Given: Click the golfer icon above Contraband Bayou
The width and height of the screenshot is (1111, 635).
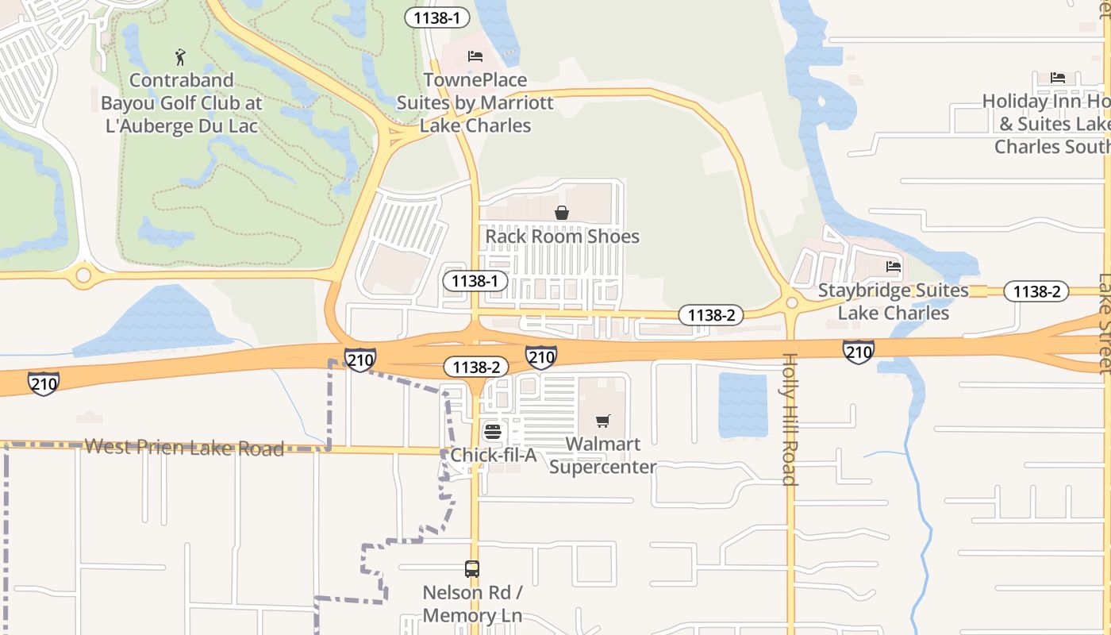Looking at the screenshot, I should (180, 57).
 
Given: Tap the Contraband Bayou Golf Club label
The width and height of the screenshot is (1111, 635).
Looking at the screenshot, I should (181, 103).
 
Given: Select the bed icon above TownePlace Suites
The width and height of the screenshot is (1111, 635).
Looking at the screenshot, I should (475, 56).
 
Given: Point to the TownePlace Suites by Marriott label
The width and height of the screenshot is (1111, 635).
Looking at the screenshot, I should (475, 103).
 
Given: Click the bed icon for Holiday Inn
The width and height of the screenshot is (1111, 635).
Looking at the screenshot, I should (1058, 77).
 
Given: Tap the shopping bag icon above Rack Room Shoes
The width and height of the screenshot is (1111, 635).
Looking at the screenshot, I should (562, 213).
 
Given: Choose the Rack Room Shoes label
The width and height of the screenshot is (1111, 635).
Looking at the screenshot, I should (562, 237).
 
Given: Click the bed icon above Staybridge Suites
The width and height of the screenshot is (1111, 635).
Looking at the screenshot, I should (894, 267).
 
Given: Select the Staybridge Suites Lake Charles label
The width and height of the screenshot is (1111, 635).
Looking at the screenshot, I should (894, 302).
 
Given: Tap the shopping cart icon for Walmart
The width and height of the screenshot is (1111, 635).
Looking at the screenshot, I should (603, 421).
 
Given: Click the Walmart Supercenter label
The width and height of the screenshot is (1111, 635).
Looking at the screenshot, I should (603, 455).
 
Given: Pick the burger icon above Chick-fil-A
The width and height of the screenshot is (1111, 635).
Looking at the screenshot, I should (492, 433).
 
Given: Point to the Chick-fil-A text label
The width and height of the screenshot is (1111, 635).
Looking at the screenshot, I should (494, 456).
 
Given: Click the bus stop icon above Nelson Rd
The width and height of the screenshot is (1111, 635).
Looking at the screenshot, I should (472, 569).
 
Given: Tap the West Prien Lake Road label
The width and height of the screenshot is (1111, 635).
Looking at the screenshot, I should (184, 448).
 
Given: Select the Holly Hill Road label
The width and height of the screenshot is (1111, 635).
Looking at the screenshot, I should (790, 419).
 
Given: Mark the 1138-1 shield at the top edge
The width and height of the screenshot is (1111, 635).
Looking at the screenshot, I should (437, 17).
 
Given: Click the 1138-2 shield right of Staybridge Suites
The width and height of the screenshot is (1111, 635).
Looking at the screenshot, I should (1036, 291).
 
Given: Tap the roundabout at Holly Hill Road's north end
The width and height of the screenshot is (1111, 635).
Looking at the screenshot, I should (791, 302).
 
